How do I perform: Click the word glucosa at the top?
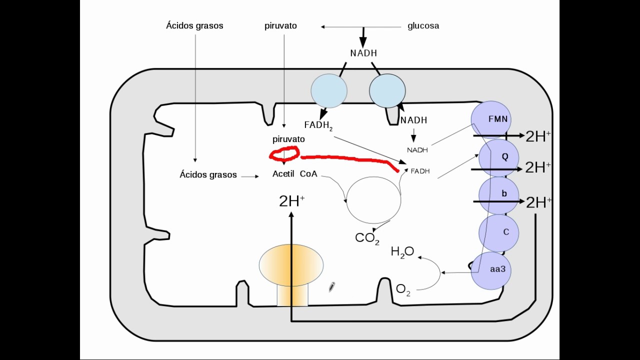(423, 26)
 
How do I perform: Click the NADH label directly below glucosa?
(363, 53)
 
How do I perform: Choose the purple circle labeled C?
(498, 232)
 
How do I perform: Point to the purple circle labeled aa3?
(491, 270)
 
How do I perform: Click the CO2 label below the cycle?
(367, 238)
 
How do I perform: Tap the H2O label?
(402, 252)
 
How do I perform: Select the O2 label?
(403, 289)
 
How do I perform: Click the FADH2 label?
(318, 125)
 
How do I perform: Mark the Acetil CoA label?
(294, 174)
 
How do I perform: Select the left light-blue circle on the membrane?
(328, 90)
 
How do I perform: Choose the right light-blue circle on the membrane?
(387, 90)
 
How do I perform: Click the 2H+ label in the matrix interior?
(291, 201)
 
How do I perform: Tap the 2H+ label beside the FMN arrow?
(538, 136)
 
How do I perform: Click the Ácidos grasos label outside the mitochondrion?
(194, 25)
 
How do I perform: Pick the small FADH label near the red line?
(420, 171)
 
